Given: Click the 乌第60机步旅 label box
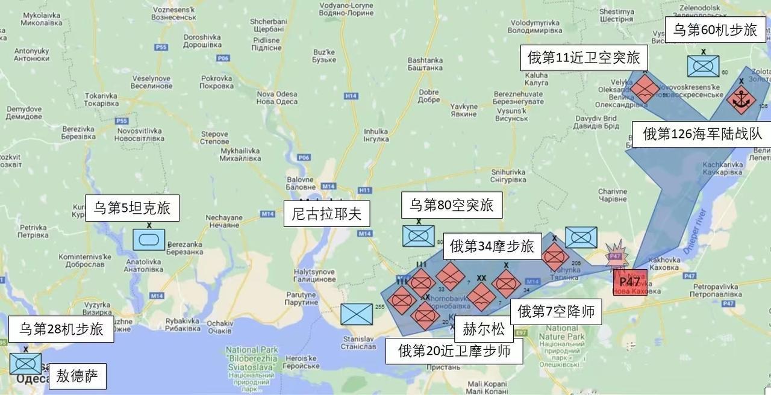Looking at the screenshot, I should pos(714,30).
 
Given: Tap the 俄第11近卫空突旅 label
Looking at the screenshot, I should pos(583,58).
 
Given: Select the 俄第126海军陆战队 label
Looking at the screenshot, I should pos(702,134).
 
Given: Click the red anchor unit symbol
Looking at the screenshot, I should pos(740,100).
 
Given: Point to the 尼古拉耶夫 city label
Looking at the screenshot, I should pos(326,214).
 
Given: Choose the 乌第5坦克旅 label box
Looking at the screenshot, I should pos(132,208).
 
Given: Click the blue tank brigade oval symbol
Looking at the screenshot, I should pos(148,240).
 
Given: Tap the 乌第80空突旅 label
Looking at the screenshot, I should pos(451,205).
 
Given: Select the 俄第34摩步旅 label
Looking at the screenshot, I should pos(492,246).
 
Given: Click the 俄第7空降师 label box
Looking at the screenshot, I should pos(556,311).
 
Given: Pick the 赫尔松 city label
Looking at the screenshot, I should pos(484,329).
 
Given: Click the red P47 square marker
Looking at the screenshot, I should pos(630,282).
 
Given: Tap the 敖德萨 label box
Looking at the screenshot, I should pos(77,376).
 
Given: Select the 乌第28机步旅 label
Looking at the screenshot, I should pos(61,329).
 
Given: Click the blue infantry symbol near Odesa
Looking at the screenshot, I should pos(25,364).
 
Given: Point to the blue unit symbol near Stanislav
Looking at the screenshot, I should pos(356,314).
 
